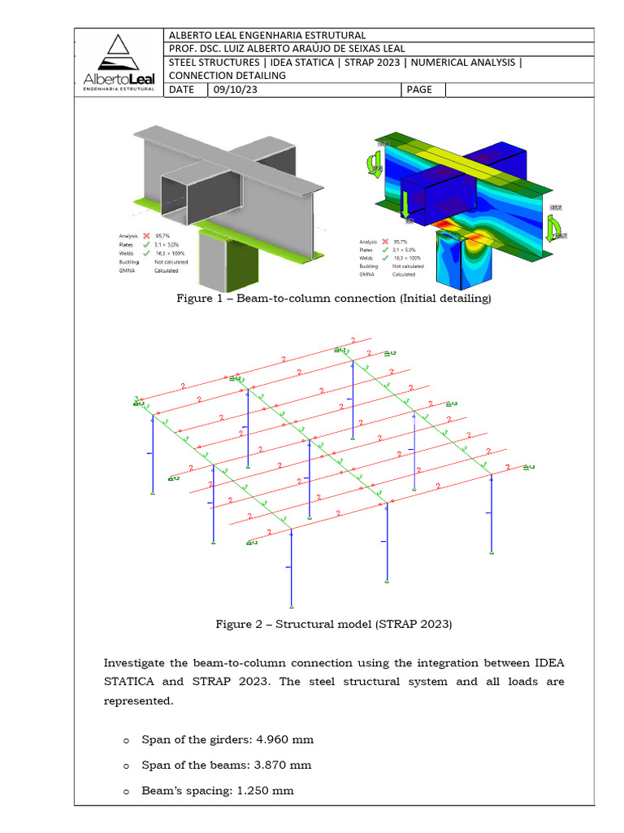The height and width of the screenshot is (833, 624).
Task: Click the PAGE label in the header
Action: pyautogui.click(x=419, y=89)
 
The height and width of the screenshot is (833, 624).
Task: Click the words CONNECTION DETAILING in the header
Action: pyautogui.click(x=227, y=76)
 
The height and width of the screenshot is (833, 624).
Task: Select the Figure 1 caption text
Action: pyautogui.click(x=334, y=299)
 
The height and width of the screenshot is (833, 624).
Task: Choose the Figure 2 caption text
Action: pyautogui.click(x=333, y=624)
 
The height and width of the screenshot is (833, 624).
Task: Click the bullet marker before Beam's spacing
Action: pyautogui.click(x=125, y=792)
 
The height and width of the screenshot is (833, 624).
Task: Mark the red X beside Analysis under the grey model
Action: pyautogui.click(x=145, y=234)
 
